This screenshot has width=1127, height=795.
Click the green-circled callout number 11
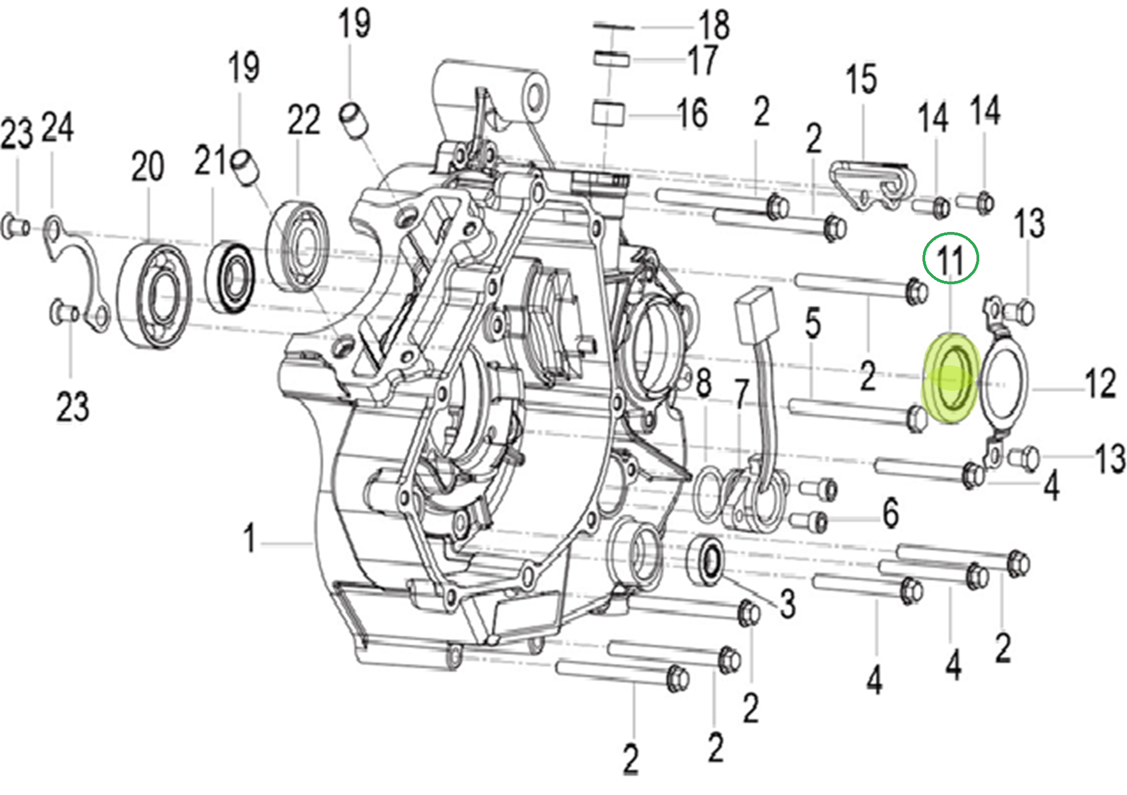tap(950, 259)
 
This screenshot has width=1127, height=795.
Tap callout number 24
tap(58, 127)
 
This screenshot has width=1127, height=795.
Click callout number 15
tap(861, 79)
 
